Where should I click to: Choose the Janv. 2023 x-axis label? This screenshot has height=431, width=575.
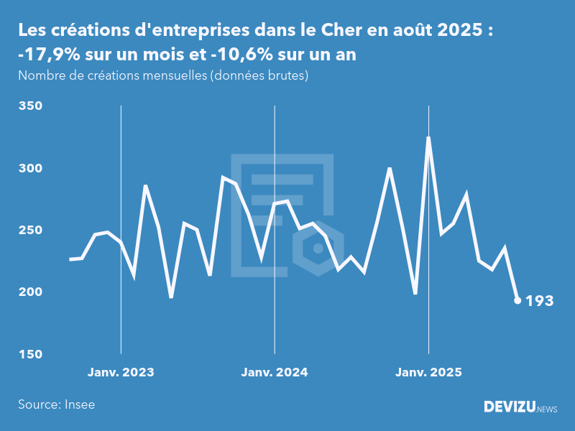coord(121,372)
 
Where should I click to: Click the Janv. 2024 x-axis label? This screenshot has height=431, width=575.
coord(275,372)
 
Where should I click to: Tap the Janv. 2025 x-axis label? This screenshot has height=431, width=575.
coord(428,372)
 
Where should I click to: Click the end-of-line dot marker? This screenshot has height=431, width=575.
coord(517,300)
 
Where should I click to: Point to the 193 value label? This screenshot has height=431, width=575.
coord(540,301)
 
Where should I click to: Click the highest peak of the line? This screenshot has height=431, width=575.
coord(428,137)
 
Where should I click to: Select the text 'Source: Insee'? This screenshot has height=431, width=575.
coord(57,404)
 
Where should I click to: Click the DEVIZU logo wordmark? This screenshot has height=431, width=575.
coord(509,407)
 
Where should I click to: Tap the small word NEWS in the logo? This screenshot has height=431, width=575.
coord(547,409)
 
